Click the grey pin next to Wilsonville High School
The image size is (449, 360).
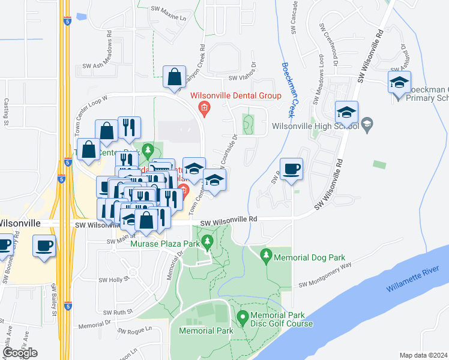point(367,125)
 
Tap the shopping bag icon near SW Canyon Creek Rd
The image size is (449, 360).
point(174,77)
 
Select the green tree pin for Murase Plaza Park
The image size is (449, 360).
point(208,242)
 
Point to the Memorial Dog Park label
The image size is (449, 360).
point(307,257)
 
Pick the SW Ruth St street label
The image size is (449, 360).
point(117,313)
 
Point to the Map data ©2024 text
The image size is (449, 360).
point(424,355)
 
